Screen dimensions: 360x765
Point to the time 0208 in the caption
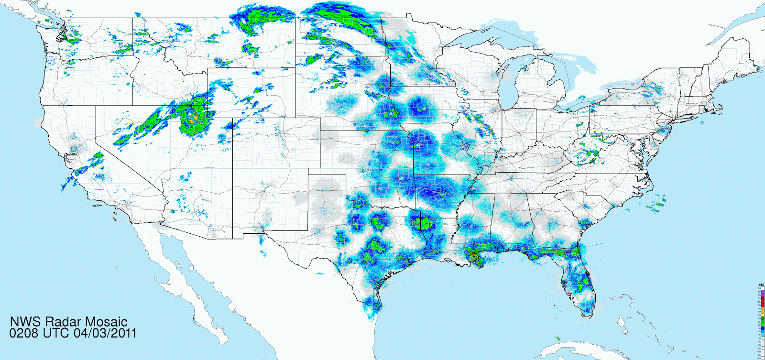tap(23, 333)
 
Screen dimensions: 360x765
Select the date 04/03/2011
tap(105, 333)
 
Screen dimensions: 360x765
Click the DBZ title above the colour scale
tap(761, 285)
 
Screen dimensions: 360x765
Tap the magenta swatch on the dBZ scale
tap(762, 292)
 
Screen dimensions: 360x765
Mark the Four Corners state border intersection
tap(233, 168)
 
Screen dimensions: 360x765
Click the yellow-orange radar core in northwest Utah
tap(196, 117)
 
